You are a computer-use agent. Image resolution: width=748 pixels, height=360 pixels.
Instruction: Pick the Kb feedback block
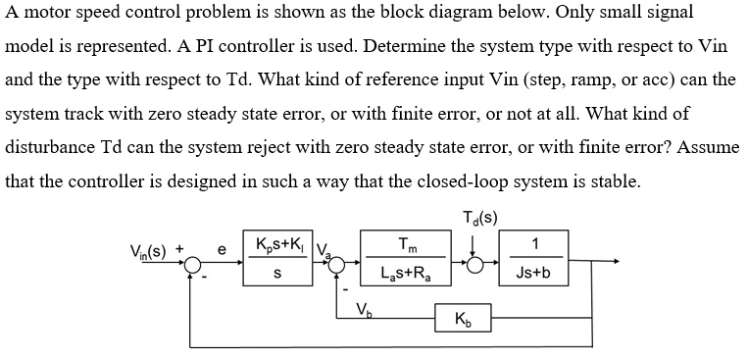463,320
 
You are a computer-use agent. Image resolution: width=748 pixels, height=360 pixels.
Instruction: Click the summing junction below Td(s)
477,264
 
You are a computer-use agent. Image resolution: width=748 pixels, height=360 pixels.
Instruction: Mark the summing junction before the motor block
345,264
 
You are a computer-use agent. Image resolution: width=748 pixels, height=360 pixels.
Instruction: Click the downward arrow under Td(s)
477,243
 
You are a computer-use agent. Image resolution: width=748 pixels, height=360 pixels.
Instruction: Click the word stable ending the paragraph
614,182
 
